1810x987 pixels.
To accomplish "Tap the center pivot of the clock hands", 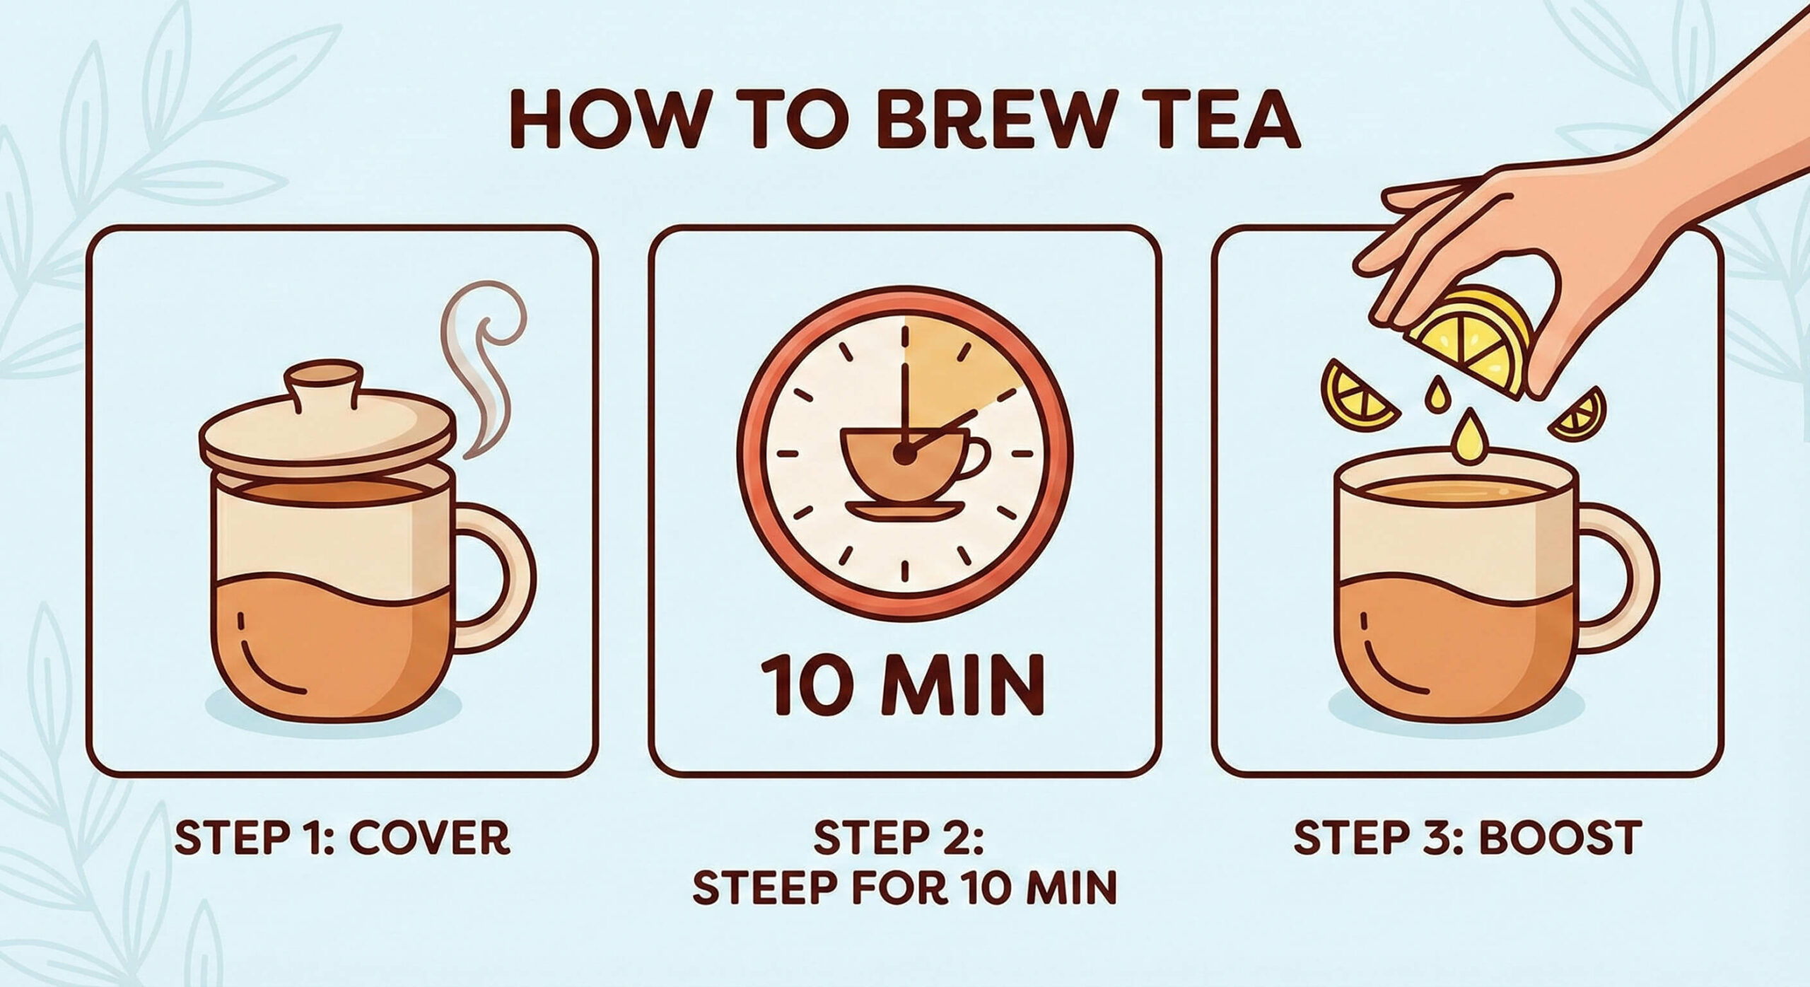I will [x=903, y=457].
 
